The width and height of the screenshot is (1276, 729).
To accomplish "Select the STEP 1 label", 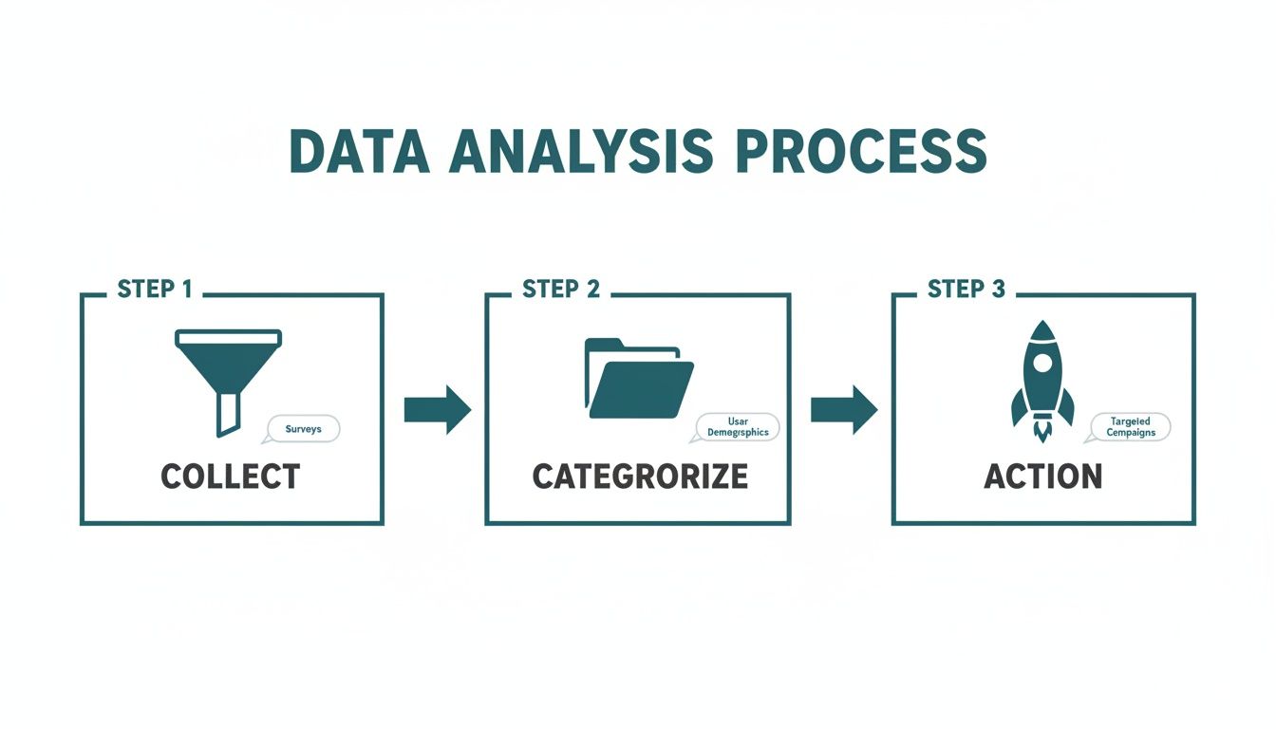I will tap(155, 290).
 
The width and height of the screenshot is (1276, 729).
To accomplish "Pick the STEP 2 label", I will tap(561, 290).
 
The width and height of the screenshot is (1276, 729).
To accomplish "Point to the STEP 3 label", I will tap(966, 290).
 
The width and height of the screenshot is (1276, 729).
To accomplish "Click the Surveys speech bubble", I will tap(304, 429).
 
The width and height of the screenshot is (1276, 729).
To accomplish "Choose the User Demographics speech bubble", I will tap(738, 427).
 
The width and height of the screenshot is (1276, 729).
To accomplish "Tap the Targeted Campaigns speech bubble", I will tap(1130, 427).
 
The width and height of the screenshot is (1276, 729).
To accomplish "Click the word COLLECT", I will tap(231, 477).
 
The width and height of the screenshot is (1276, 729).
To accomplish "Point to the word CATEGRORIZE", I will tap(639, 477).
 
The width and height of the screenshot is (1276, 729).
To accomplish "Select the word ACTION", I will tap(1043, 477).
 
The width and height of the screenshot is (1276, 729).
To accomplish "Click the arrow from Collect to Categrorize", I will tap(437, 410).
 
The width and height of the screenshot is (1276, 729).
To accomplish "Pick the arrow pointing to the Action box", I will tap(843, 410).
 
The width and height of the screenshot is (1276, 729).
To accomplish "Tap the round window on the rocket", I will tap(1042, 362).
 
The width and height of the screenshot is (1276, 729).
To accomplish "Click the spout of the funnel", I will tap(228, 413).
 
